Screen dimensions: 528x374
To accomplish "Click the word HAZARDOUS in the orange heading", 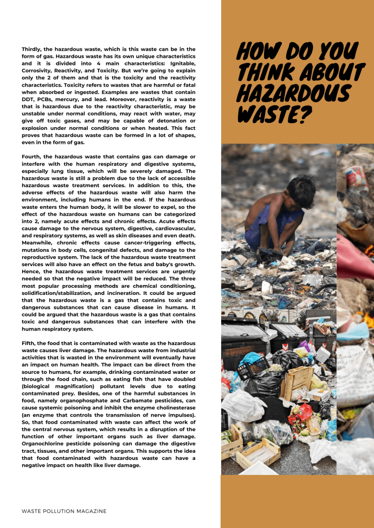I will (x=293, y=94).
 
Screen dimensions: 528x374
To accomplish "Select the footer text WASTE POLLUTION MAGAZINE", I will (x=64, y=511).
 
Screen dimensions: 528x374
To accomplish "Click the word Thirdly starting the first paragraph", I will (x=33, y=49).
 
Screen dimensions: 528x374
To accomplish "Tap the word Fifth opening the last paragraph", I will (x=30, y=343).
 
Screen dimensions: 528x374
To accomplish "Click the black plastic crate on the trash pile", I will (x=253, y=368).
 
